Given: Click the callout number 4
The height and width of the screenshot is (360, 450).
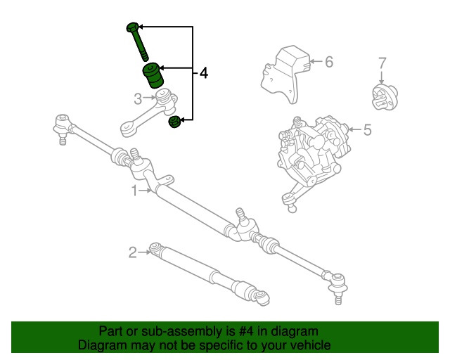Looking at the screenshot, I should point(203,72).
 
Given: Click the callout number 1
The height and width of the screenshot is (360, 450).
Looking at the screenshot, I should point(134,190).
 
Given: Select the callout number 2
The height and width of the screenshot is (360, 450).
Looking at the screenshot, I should point(132,252).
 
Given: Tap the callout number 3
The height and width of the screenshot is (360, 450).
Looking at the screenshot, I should point(139,98).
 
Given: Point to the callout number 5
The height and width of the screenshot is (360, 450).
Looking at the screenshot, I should point(366,129).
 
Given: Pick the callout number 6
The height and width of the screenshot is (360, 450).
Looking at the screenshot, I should point(328,62).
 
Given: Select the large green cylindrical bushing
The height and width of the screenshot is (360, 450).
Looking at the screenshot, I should point(152,74).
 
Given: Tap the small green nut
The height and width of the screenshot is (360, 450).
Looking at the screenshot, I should point(174,124).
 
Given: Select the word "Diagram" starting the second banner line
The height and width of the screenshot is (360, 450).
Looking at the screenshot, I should point(100,345).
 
